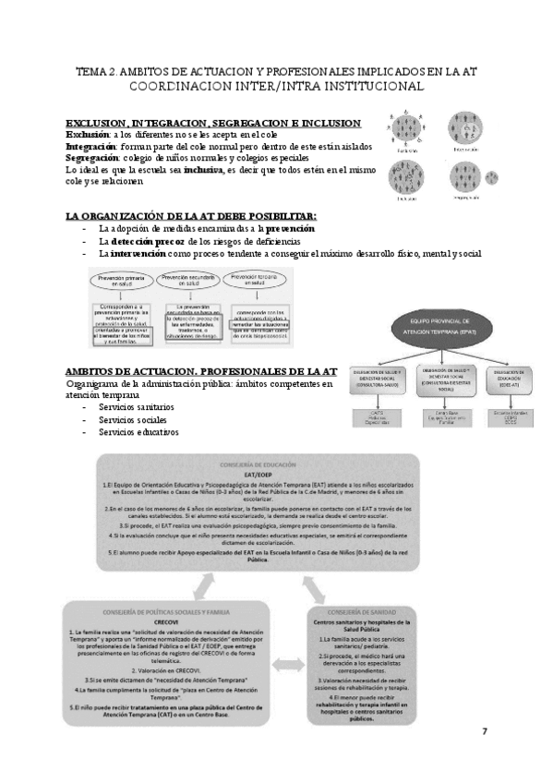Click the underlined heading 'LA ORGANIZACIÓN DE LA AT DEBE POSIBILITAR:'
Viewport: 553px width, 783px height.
190,215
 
